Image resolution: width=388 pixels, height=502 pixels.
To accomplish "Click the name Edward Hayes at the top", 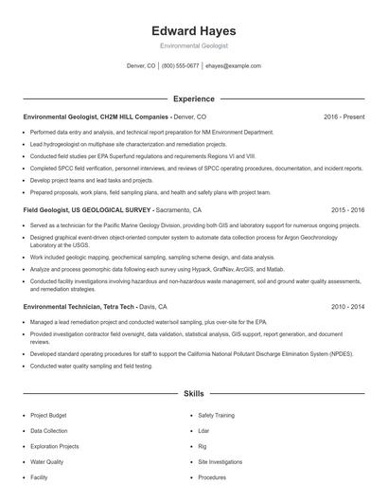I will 193,30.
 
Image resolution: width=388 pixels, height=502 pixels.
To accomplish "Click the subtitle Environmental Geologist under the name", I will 193,45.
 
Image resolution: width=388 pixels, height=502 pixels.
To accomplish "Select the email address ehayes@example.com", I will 233,66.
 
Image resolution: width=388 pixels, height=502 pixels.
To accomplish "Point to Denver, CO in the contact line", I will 141,66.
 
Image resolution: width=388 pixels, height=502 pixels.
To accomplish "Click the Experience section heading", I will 193,99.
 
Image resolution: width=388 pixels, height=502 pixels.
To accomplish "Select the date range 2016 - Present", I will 344,117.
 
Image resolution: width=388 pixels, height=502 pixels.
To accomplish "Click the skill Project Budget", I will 48,415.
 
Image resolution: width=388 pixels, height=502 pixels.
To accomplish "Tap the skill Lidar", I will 203,430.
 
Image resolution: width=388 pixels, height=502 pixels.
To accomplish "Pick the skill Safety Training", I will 215,415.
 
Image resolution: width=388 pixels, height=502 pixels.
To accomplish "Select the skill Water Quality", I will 47,461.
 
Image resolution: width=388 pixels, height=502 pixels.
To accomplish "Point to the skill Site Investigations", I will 219,461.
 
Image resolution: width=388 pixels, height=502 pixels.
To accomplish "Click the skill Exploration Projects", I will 55,446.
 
